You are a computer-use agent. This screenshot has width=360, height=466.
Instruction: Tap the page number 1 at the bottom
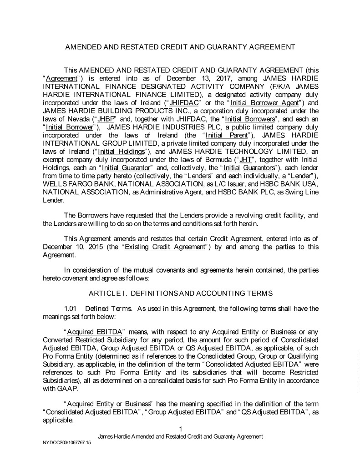point(181,429)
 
